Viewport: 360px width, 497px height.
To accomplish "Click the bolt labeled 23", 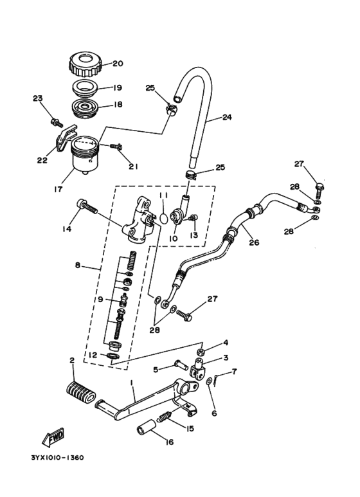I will (55, 120).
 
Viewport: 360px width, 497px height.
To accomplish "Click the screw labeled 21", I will (116, 147).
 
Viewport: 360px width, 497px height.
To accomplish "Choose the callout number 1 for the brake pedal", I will (132, 382).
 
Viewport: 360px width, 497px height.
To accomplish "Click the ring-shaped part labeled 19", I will (84, 87).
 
